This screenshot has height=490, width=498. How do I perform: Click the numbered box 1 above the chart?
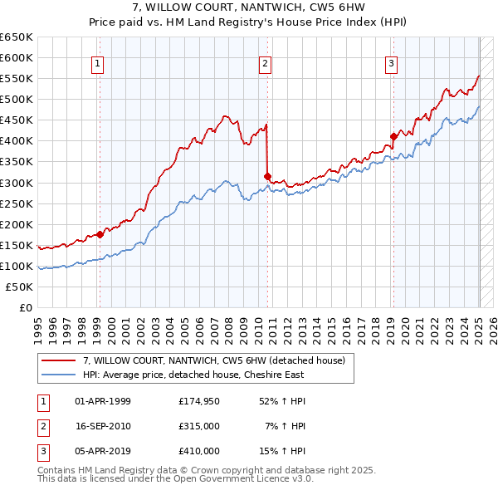point(98,63)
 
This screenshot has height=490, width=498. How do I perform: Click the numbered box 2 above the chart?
point(265,63)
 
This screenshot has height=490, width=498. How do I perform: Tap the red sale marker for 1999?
point(100,234)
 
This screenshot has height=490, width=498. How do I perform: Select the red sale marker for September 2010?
point(267,176)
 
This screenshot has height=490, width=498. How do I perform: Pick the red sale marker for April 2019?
point(393,136)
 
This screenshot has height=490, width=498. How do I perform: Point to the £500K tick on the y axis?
point(17,99)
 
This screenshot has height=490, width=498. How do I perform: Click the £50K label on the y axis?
point(21,287)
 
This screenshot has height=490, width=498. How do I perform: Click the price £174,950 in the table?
point(198,402)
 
